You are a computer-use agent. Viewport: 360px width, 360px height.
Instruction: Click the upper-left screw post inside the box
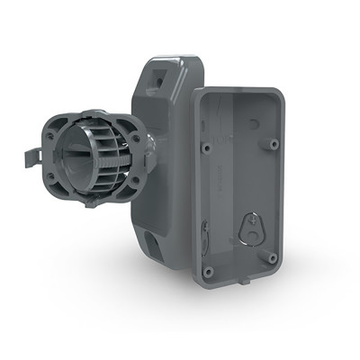pyautogui.click(x=209, y=145)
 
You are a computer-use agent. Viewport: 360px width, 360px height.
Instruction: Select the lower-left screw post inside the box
pyautogui.click(x=208, y=271)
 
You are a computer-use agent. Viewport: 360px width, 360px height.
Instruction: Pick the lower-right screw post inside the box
pyautogui.click(x=272, y=258)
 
